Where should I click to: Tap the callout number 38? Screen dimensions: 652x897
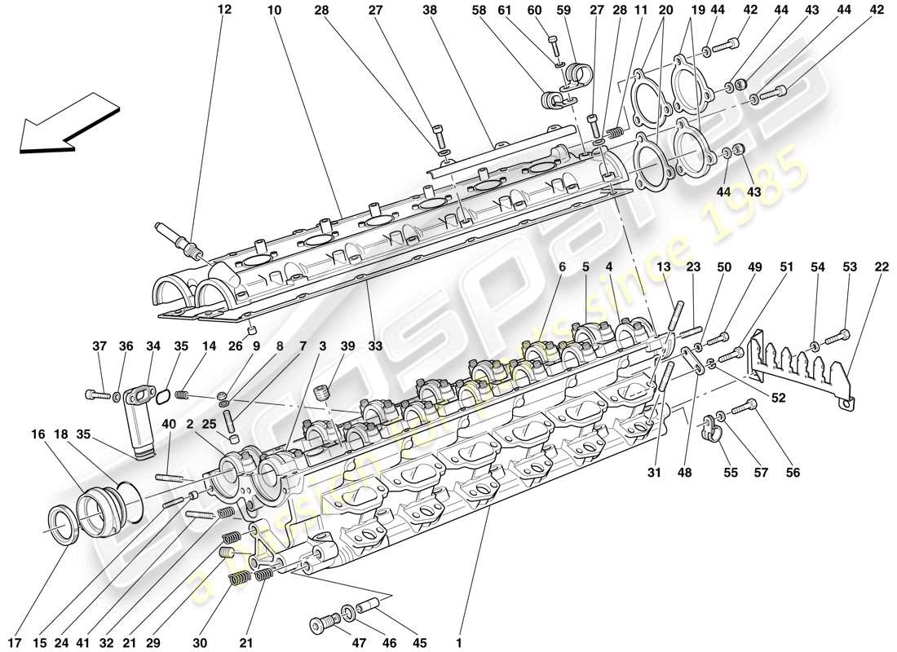pos(431,11)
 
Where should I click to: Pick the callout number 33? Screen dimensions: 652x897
pos(374,346)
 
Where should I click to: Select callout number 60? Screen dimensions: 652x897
pos(557,11)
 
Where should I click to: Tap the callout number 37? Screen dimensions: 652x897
pos(99,346)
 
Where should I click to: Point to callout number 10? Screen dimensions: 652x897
pos(274,11)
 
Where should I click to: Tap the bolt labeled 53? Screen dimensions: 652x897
pos(839,333)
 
